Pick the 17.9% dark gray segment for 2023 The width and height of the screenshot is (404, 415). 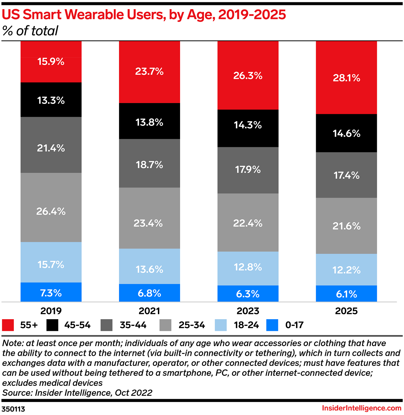[248, 170]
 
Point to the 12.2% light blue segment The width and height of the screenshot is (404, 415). [346, 270]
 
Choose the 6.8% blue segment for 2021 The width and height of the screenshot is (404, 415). [149, 293]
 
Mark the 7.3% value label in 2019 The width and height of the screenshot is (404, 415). [51, 293]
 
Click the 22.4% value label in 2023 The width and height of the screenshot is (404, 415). [248, 223]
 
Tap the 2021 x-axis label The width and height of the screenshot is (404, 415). [149, 311]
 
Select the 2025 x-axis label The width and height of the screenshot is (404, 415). [346, 311]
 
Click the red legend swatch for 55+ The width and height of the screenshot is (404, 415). [8, 325]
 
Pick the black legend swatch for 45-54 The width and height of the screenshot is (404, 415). [52, 325]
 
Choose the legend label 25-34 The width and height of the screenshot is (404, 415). [192, 325]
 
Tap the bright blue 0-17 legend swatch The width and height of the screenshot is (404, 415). [272, 325]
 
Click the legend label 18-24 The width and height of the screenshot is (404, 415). [246, 325]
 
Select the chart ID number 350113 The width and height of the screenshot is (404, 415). [13, 409]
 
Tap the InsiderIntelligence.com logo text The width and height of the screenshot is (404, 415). [362, 408]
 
